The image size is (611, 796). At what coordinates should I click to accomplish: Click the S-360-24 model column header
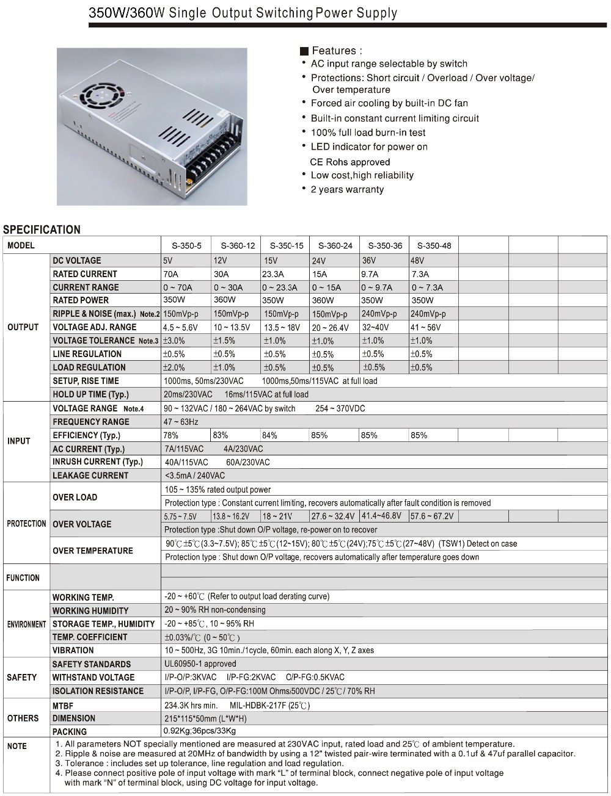[335, 246]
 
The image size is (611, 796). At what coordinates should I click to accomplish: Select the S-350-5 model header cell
[186, 246]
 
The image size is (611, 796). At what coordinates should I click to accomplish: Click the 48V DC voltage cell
[418, 261]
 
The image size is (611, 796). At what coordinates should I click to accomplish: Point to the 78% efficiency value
[171, 435]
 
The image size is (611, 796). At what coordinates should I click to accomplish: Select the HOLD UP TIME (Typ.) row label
[90, 394]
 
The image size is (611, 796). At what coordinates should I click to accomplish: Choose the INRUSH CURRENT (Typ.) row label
[98, 462]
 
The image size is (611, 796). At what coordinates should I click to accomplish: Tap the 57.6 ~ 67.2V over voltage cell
[432, 516]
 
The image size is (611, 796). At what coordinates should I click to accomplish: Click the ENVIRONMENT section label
[26, 624]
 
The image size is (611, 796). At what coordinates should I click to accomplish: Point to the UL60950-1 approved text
[200, 664]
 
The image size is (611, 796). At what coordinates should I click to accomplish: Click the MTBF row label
[63, 706]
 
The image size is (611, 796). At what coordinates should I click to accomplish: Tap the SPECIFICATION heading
[42, 230]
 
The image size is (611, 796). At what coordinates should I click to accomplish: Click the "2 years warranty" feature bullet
[347, 190]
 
